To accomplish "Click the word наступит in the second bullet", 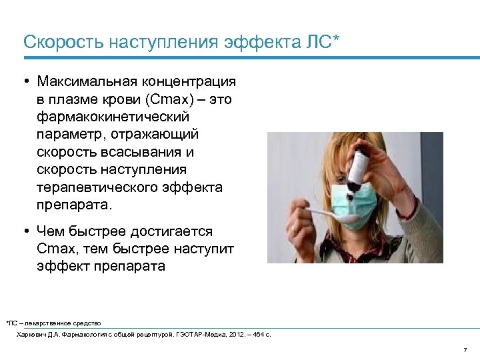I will point(207,249).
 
